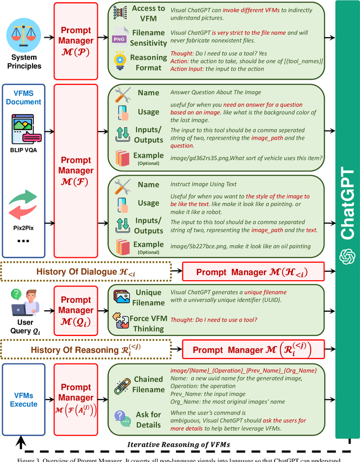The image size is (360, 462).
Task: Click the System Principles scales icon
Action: click(x=24, y=34)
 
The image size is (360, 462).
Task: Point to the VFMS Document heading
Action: click(x=24, y=97)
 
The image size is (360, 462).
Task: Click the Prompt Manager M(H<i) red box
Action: click(x=252, y=272)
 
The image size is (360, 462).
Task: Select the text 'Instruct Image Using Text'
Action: click(x=203, y=184)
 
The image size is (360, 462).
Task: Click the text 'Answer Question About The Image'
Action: click(x=215, y=93)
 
